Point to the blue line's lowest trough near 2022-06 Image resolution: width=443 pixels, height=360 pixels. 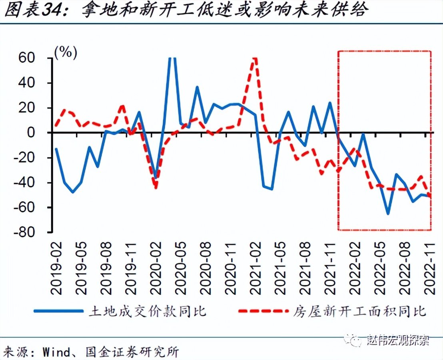point(387,214)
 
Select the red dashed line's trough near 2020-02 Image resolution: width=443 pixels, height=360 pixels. point(156,188)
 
